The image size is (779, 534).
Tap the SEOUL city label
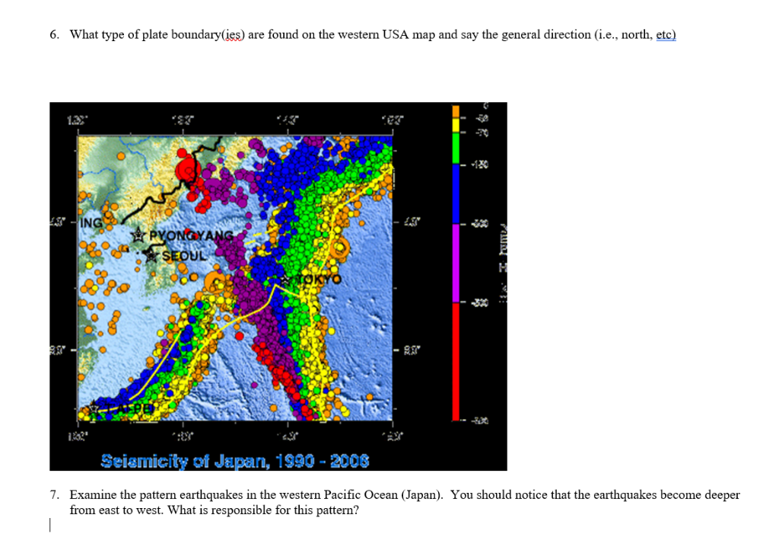click(182, 255)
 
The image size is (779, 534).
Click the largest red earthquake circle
click(187, 170)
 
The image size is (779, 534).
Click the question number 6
click(54, 35)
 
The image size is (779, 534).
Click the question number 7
click(54, 495)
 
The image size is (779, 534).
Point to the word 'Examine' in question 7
click(92, 495)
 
